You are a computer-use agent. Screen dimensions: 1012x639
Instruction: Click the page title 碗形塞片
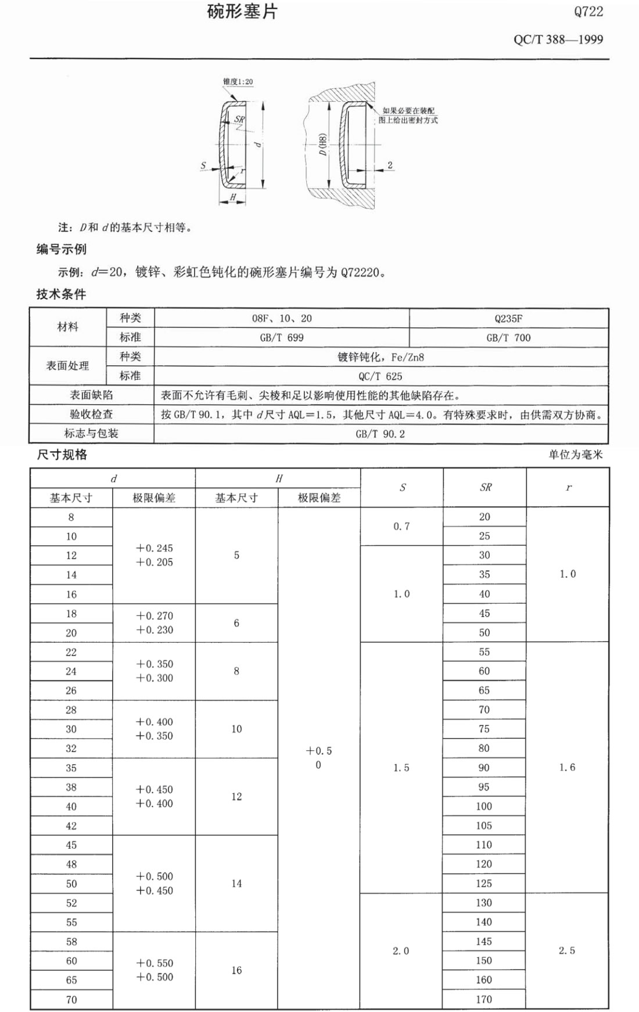[x=242, y=12]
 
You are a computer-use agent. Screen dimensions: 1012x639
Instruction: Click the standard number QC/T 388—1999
[x=558, y=39]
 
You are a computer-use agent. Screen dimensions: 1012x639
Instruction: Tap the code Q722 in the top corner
[x=588, y=12]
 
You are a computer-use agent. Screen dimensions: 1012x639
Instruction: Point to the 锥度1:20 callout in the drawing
[x=238, y=82]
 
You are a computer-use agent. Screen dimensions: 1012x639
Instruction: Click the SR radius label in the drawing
[x=239, y=120]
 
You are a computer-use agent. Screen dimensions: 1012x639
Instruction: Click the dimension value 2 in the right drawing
[x=390, y=165]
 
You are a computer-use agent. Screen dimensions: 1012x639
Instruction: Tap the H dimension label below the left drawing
[x=233, y=197]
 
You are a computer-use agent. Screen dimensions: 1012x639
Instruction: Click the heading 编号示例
[x=61, y=249]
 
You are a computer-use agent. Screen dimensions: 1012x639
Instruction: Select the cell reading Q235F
[x=508, y=318]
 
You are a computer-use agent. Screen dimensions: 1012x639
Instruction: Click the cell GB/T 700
[x=508, y=337]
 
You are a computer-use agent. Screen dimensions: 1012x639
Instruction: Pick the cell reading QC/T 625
[x=380, y=376]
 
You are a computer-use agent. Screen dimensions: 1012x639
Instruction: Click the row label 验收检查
[x=91, y=414]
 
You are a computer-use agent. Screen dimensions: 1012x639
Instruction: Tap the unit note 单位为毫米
[x=575, y=455]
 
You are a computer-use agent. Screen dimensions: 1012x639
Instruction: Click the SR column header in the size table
[x=485, y=488]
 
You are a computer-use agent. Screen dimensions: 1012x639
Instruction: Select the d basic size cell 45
[x=71, y=845]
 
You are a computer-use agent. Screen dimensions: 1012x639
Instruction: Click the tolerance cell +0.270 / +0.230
[x=155, y=622]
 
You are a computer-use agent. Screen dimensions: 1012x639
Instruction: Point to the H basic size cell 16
[x=236, y=970]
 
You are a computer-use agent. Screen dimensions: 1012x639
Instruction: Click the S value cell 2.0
[x=401, y=951]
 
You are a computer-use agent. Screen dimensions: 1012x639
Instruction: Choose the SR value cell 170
[x=484, y=999]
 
